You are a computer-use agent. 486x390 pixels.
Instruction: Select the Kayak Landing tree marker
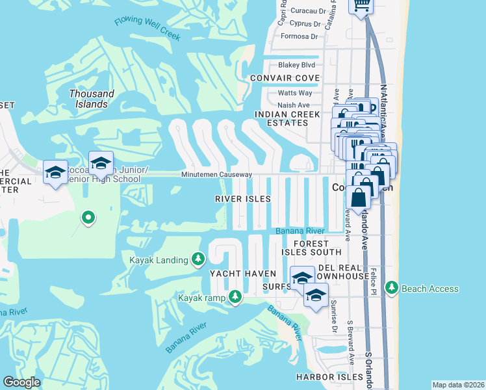tap(199, 260)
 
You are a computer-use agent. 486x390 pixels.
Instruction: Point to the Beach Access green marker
tap(391, 288)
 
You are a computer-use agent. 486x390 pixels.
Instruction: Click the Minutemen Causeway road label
tap(216, 175)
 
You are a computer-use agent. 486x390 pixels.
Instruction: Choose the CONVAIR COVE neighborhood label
tap(285, 79)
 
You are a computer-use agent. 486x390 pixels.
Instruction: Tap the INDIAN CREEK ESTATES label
tap(288, 118)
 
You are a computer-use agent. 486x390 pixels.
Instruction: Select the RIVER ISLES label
tap(243, 199)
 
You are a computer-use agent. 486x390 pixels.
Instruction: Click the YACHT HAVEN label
tap(242, 274)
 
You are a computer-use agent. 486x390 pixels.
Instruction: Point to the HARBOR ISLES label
tap(329, 377)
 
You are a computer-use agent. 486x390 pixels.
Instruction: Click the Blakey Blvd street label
tap(296, 65)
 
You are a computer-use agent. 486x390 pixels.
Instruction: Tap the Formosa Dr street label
tap(299, 36)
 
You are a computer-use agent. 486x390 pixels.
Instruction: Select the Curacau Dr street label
tap(307, 11)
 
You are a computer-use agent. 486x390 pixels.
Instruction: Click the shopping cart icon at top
tap(360, 5)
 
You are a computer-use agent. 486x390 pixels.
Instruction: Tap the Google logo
tap(21, 382)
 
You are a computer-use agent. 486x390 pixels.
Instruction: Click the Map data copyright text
tap(457, 385)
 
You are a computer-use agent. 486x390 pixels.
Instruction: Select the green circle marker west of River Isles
tap(88, 217)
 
